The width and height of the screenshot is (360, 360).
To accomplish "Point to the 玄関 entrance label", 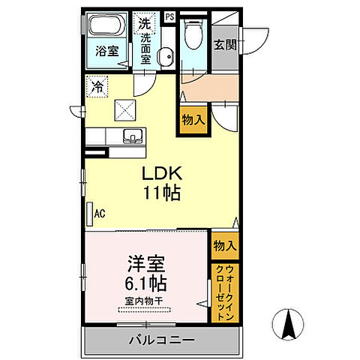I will pos(224,44).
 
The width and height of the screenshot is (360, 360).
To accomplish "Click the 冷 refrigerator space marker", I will pos(97,87).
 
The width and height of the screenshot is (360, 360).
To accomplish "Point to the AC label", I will pos(99,214).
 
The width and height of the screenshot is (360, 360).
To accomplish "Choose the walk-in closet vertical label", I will pos(225,292).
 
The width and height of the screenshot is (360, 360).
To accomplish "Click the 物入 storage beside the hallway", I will pos(190,119).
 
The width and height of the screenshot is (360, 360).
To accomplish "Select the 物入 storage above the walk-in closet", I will pos(224,245).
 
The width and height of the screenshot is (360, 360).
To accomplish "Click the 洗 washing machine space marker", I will pos(143,22).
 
